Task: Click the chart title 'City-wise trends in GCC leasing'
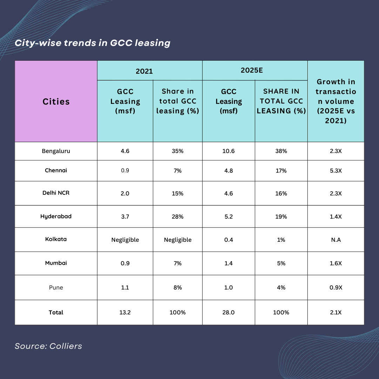(92, 43)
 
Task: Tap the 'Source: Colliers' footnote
(48, 346)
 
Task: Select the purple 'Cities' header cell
(56, 101)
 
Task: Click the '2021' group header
(144, 71)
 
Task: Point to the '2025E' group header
(252, 70)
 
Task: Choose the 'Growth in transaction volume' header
(335, 101)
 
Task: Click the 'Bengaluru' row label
(56, 151)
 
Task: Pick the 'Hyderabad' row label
(56, 216)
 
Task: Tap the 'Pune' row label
(56, 287)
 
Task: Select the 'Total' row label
(56, 312)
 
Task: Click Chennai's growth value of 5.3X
(335, 171)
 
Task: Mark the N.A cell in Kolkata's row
(335, 240)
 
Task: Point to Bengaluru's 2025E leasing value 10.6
(228, 151)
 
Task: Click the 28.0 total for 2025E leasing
(228, 312)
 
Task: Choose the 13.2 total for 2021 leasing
(125, 312)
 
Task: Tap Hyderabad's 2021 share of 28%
(178, 217)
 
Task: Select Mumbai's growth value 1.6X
(335, 263)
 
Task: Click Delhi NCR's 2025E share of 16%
(281, 193)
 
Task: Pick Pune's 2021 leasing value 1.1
(125, 287)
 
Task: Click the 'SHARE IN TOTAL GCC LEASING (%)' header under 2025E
(281, 101)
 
